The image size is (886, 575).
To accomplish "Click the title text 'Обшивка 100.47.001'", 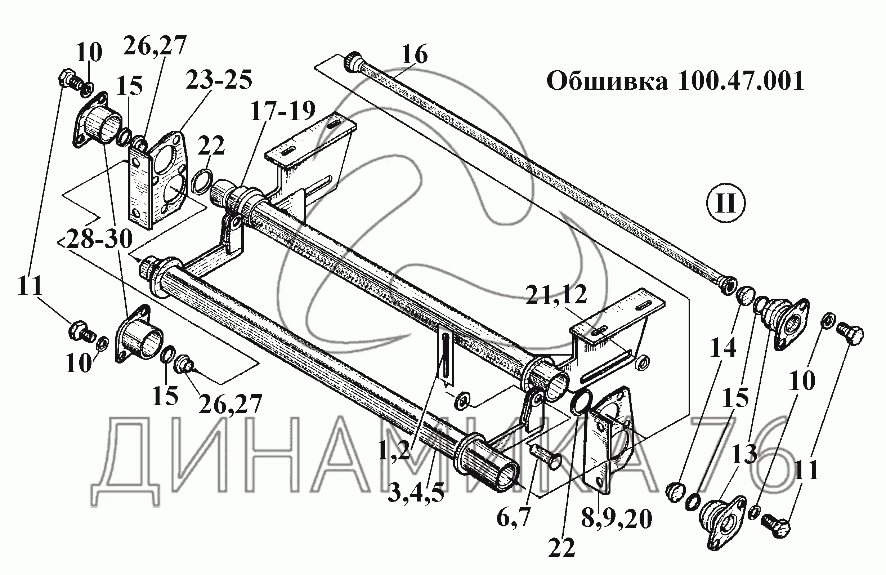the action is tap(675, 81).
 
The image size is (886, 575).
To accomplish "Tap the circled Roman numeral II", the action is tap(726, 204).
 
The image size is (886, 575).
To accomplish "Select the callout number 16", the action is tap(415, 54).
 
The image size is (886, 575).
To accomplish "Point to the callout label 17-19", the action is tap(283, 111).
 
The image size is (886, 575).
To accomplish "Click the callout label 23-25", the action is tap(219, 80).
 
